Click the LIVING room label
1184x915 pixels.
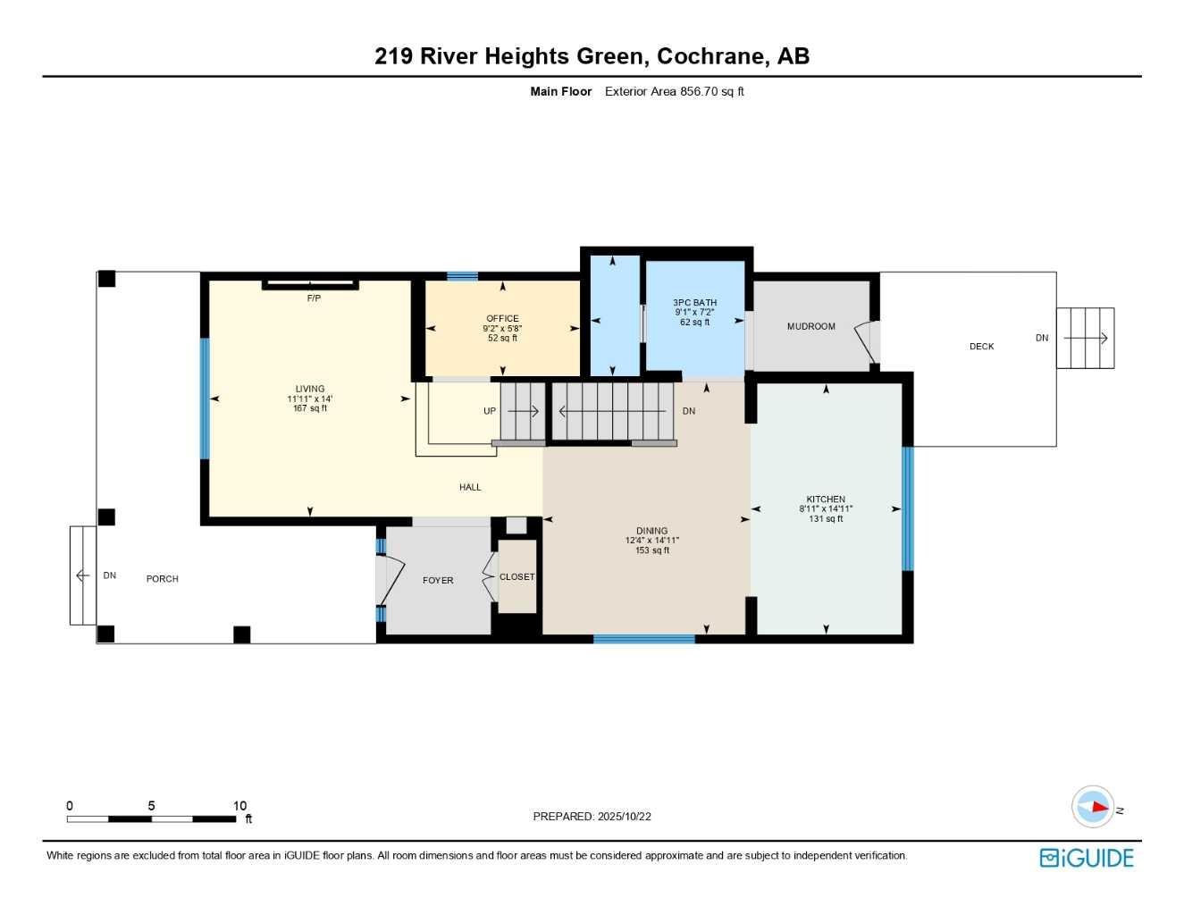(310, 389)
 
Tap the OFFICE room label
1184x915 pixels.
(502, 318)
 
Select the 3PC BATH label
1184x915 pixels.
(694, 303)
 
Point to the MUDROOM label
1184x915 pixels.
(810, 327)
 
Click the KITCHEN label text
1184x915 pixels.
(826, 499)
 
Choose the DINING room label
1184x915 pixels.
(651, 531)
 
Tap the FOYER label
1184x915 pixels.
(438, 581)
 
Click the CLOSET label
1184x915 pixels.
(516, 577)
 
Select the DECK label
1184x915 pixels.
(981, 347)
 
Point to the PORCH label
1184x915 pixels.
(162, 579)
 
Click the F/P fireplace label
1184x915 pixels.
(314, 298)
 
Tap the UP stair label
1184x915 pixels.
(490, 412)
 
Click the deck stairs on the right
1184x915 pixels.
(1085, 338)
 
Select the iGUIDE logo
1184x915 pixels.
(1087, 858)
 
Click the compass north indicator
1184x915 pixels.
(1094, 807)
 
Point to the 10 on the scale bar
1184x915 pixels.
(239, 806)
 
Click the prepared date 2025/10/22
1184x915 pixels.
(624, 817)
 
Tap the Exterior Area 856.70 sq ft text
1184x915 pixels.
(674, 91)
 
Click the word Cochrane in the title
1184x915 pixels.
(711, 56)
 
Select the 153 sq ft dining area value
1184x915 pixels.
(651, 550)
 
